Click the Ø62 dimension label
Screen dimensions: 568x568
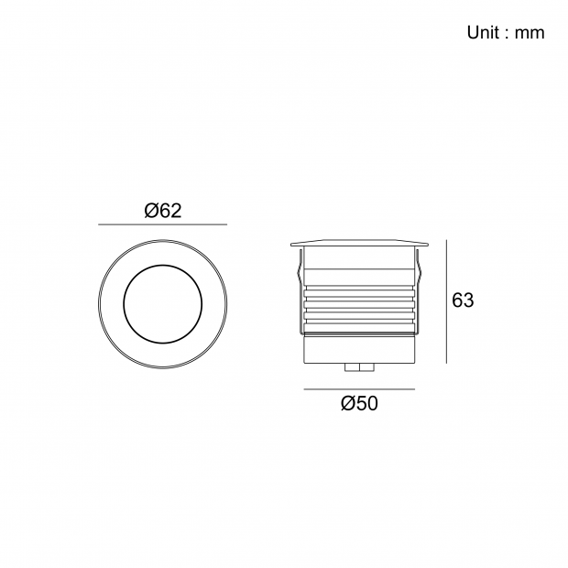(163, 211)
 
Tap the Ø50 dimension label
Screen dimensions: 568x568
(359, 403)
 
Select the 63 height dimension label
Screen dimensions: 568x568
(463, 300)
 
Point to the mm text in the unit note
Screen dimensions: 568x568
(530, 33)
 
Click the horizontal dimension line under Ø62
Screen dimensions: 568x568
(163, 224)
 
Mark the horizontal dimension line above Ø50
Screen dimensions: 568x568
(359, 389)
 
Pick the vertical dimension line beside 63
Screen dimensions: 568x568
(447, 301)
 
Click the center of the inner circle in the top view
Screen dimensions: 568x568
(163, 304)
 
